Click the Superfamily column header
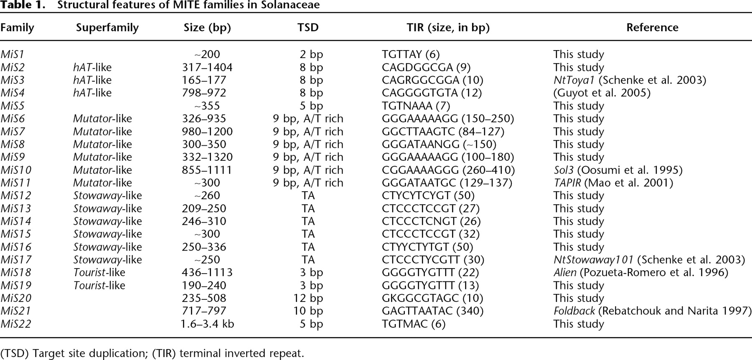(x=107, y=28)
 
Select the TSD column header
(x=308, y=28)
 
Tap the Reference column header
(x=652, y=28)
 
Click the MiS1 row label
(x=13, y=54)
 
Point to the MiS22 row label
(x=15, y=324)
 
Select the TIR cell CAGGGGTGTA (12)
(x=432, y=93)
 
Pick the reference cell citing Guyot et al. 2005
(x=602, y=93)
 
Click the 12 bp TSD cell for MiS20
(x=308, y=298)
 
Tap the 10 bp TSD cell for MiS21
(x=308, y=311)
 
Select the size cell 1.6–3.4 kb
(x=207, y=324)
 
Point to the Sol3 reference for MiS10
(x=618, y=170)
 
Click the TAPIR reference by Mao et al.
(x=613, y=183)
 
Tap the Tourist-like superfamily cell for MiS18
(x=99, y=273)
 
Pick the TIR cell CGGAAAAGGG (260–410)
(x=448, y=170)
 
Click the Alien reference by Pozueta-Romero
(x=641, y=273)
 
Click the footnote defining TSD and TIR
(x=152, y=353)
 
